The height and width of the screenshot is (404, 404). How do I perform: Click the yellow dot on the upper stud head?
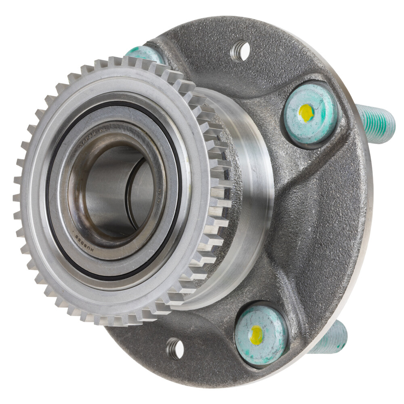307,113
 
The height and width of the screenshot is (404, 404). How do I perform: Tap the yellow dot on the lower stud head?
256,335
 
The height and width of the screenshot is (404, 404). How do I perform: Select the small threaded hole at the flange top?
241,51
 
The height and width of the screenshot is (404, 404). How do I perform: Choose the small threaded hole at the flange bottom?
175,348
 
